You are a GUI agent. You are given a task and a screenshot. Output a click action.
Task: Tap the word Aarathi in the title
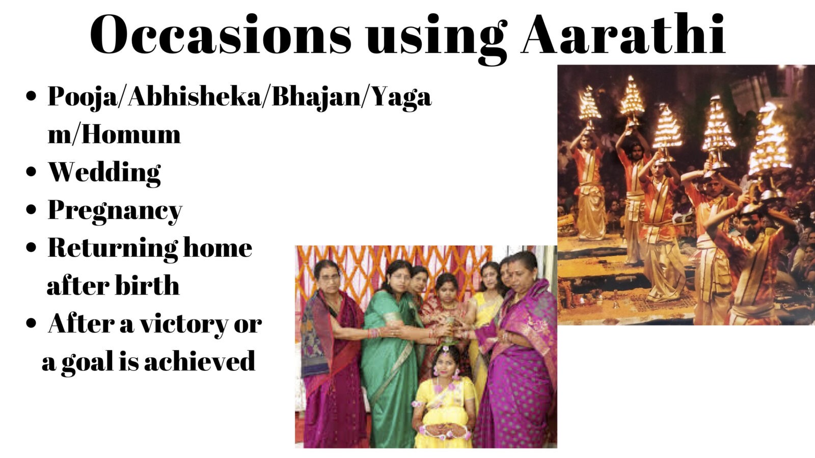coord(623,35)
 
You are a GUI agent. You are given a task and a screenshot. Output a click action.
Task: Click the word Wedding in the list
coord(104,172)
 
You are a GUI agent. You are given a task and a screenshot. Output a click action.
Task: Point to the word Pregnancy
coord(115,210)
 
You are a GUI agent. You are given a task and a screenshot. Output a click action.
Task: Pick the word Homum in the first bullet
coord(131,134)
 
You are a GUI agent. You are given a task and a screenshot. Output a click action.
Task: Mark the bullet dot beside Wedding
coord(32,172)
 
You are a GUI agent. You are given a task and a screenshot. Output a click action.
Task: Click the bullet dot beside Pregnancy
coord(32,209)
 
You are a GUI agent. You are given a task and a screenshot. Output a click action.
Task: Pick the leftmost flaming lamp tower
coord(590,105)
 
